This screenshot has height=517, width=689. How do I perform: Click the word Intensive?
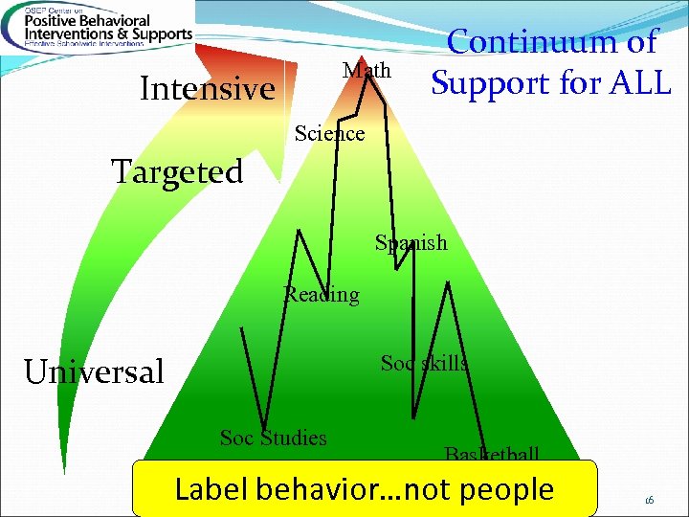click(207, 89)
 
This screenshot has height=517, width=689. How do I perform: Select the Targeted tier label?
click(177, 172)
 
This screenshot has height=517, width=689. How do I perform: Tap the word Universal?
click(94, 371)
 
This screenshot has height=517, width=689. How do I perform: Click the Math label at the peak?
click(367, 71)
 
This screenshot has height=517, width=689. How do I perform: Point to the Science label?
click(329, 134)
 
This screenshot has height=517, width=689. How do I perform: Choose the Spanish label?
click(411, 243)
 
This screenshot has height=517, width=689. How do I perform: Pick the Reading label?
click(322, 295)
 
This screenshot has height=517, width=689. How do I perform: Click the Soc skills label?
click(424, 363)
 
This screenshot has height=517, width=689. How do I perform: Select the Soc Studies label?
click(273, 438)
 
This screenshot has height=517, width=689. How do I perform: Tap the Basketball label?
click(492, 454)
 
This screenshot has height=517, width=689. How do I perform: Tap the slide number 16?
click(649, 499)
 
